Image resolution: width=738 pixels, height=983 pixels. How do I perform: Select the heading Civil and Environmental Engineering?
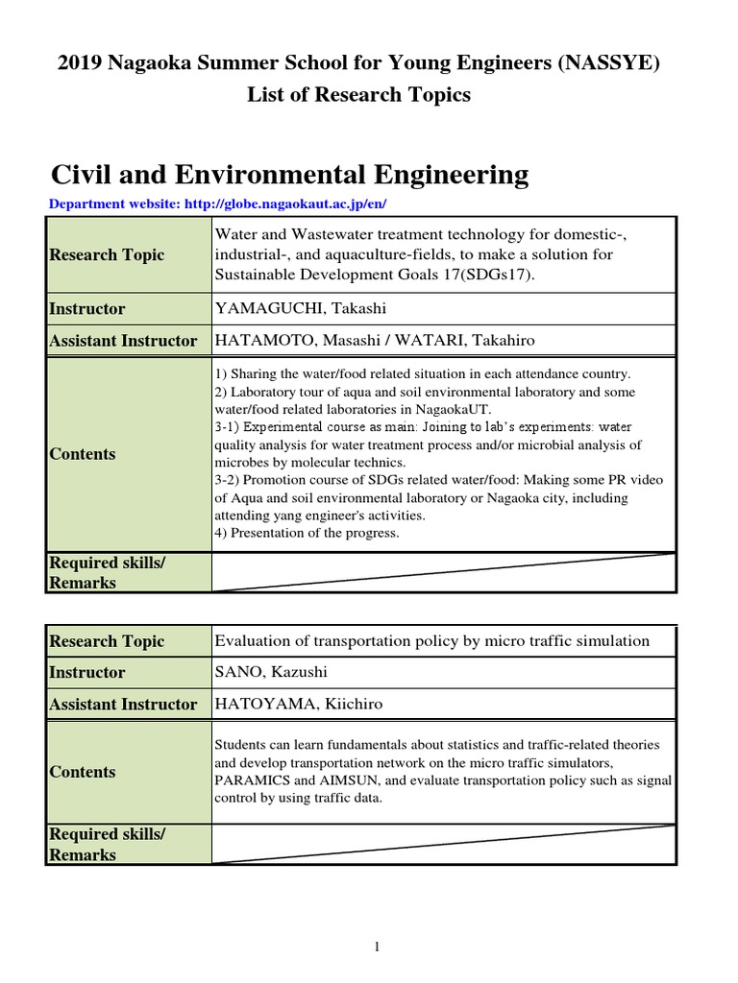289,175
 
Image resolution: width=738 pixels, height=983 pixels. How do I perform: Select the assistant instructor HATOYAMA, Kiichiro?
298,704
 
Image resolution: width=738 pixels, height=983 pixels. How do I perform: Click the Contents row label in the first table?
83,454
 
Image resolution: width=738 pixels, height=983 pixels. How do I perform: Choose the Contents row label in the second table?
83,772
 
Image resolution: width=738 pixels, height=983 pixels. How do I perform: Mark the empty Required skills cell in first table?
443,572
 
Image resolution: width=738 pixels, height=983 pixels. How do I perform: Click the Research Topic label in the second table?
107,641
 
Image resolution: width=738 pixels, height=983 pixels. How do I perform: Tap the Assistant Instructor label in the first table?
123,340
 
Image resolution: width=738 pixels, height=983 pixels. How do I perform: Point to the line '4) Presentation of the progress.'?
307,533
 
